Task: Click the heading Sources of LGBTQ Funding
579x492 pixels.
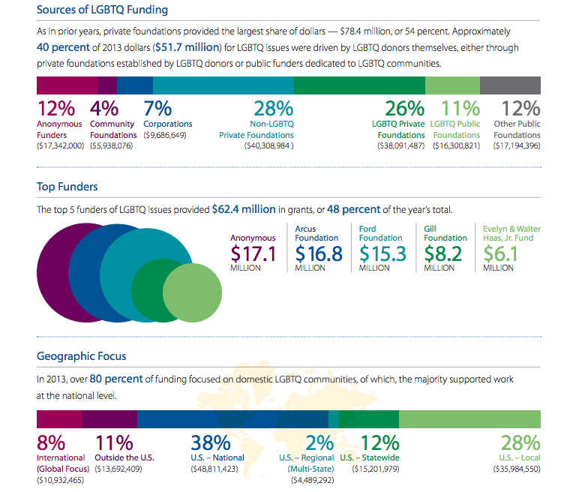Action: pos(102,10)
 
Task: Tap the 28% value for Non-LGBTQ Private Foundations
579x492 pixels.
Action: pos(274,109)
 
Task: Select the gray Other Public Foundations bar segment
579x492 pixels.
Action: pos(510,84)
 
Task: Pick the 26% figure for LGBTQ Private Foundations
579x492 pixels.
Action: pos(404,109)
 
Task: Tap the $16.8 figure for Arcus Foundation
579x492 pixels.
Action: pos(319,253)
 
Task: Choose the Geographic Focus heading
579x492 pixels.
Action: pos(82,356)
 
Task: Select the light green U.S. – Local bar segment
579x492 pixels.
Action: pos(469,418)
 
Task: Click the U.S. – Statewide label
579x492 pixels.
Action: pos(370,457)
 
